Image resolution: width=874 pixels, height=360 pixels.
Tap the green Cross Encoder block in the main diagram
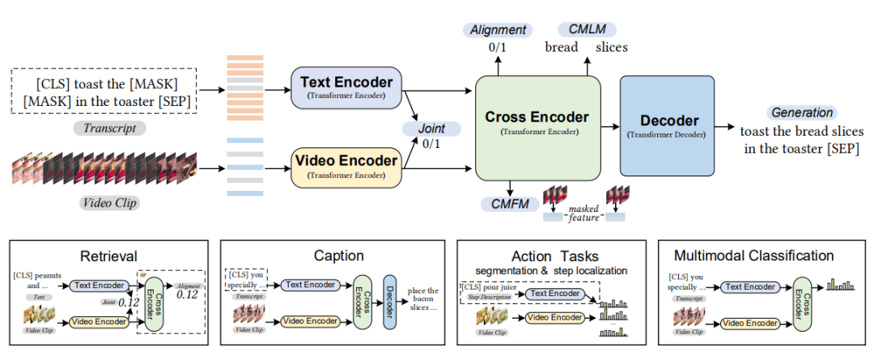(x=537, y=121)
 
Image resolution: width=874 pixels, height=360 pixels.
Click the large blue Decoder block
(x=664, y=125)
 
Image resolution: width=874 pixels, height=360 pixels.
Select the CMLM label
(x=580, y=30)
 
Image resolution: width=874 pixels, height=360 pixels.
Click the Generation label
(x=801, y=112)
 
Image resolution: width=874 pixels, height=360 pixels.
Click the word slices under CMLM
(x=612, y=48)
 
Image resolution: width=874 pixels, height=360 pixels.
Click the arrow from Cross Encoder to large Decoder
(x=610, y=125)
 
